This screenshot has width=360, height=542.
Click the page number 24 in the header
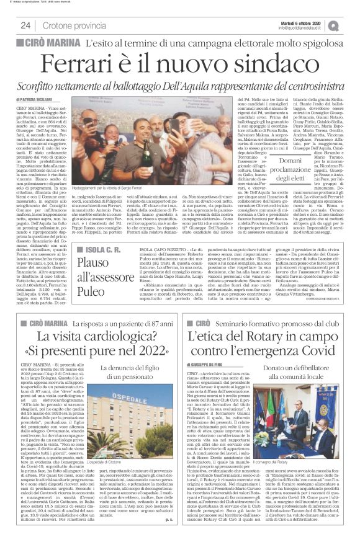pos(26,25)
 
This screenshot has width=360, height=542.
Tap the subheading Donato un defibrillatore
pos(304,368)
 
